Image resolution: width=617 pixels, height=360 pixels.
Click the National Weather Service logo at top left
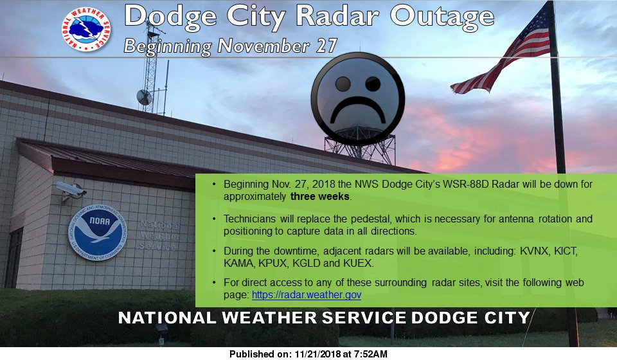[x=86, y=29]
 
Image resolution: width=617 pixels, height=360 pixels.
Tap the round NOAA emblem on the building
[x=97, y=233]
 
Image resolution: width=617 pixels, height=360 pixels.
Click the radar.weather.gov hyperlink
[x=307, y=294]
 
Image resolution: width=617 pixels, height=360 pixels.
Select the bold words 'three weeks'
[x=320, y=196]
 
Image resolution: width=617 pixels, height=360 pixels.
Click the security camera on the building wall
[x=70, y=190]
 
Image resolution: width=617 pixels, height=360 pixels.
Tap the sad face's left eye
[x=343, y=84]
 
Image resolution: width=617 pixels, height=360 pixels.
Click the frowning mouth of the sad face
[x=358, y=109]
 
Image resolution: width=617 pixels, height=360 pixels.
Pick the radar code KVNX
[x=534, y=251]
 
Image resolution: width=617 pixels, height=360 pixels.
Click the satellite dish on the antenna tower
[x=144, y=97]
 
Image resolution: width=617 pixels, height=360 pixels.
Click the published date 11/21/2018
[x=318, y=354]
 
